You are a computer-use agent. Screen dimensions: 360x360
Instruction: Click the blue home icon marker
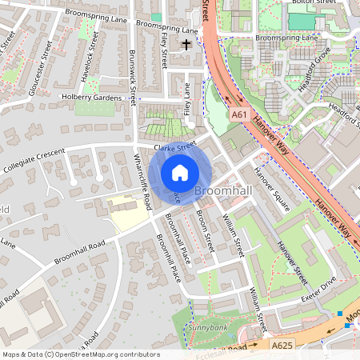[x=180, y=172]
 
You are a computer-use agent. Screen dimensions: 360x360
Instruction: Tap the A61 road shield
[x=238, y=115]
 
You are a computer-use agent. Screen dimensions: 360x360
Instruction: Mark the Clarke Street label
[x=175, y=146]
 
